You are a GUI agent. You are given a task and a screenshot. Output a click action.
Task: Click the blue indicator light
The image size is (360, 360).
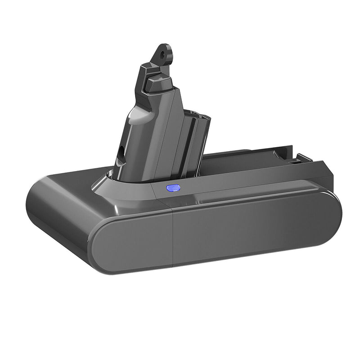pos(173,188)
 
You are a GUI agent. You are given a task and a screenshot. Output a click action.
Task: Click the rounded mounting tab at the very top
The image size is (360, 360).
pos(165,53)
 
